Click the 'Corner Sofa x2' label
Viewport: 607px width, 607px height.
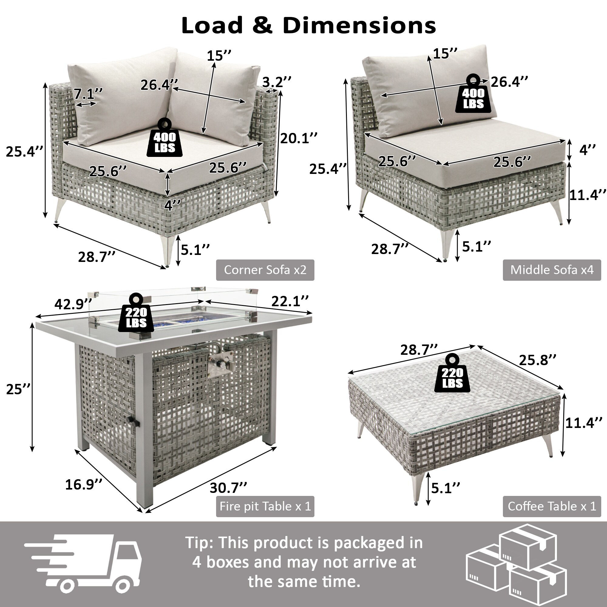click(x=265, y=270)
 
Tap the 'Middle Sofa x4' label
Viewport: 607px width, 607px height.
click(x=552, y=270)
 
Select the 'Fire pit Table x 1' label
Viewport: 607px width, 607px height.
click(x=265, y=506)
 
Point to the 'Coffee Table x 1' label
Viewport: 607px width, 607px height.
click(x=552, y=506)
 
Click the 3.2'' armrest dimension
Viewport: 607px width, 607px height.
click(x=276, y=82)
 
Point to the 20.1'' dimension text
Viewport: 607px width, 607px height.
click(x=299, y=138)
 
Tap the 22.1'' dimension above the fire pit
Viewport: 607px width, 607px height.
click(x=290, y=301)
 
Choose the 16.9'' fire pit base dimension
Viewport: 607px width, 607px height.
click(x=83, y=484)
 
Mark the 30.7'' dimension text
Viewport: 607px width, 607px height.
click(x=229, y=488)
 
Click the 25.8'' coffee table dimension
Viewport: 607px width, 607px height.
click(x=537, y=360)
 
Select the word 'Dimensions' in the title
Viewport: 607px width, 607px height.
click(x=359, y=25)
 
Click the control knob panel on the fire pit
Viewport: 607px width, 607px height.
click(x=220, y=365)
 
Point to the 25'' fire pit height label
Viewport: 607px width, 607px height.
click(x=19, y=389)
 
